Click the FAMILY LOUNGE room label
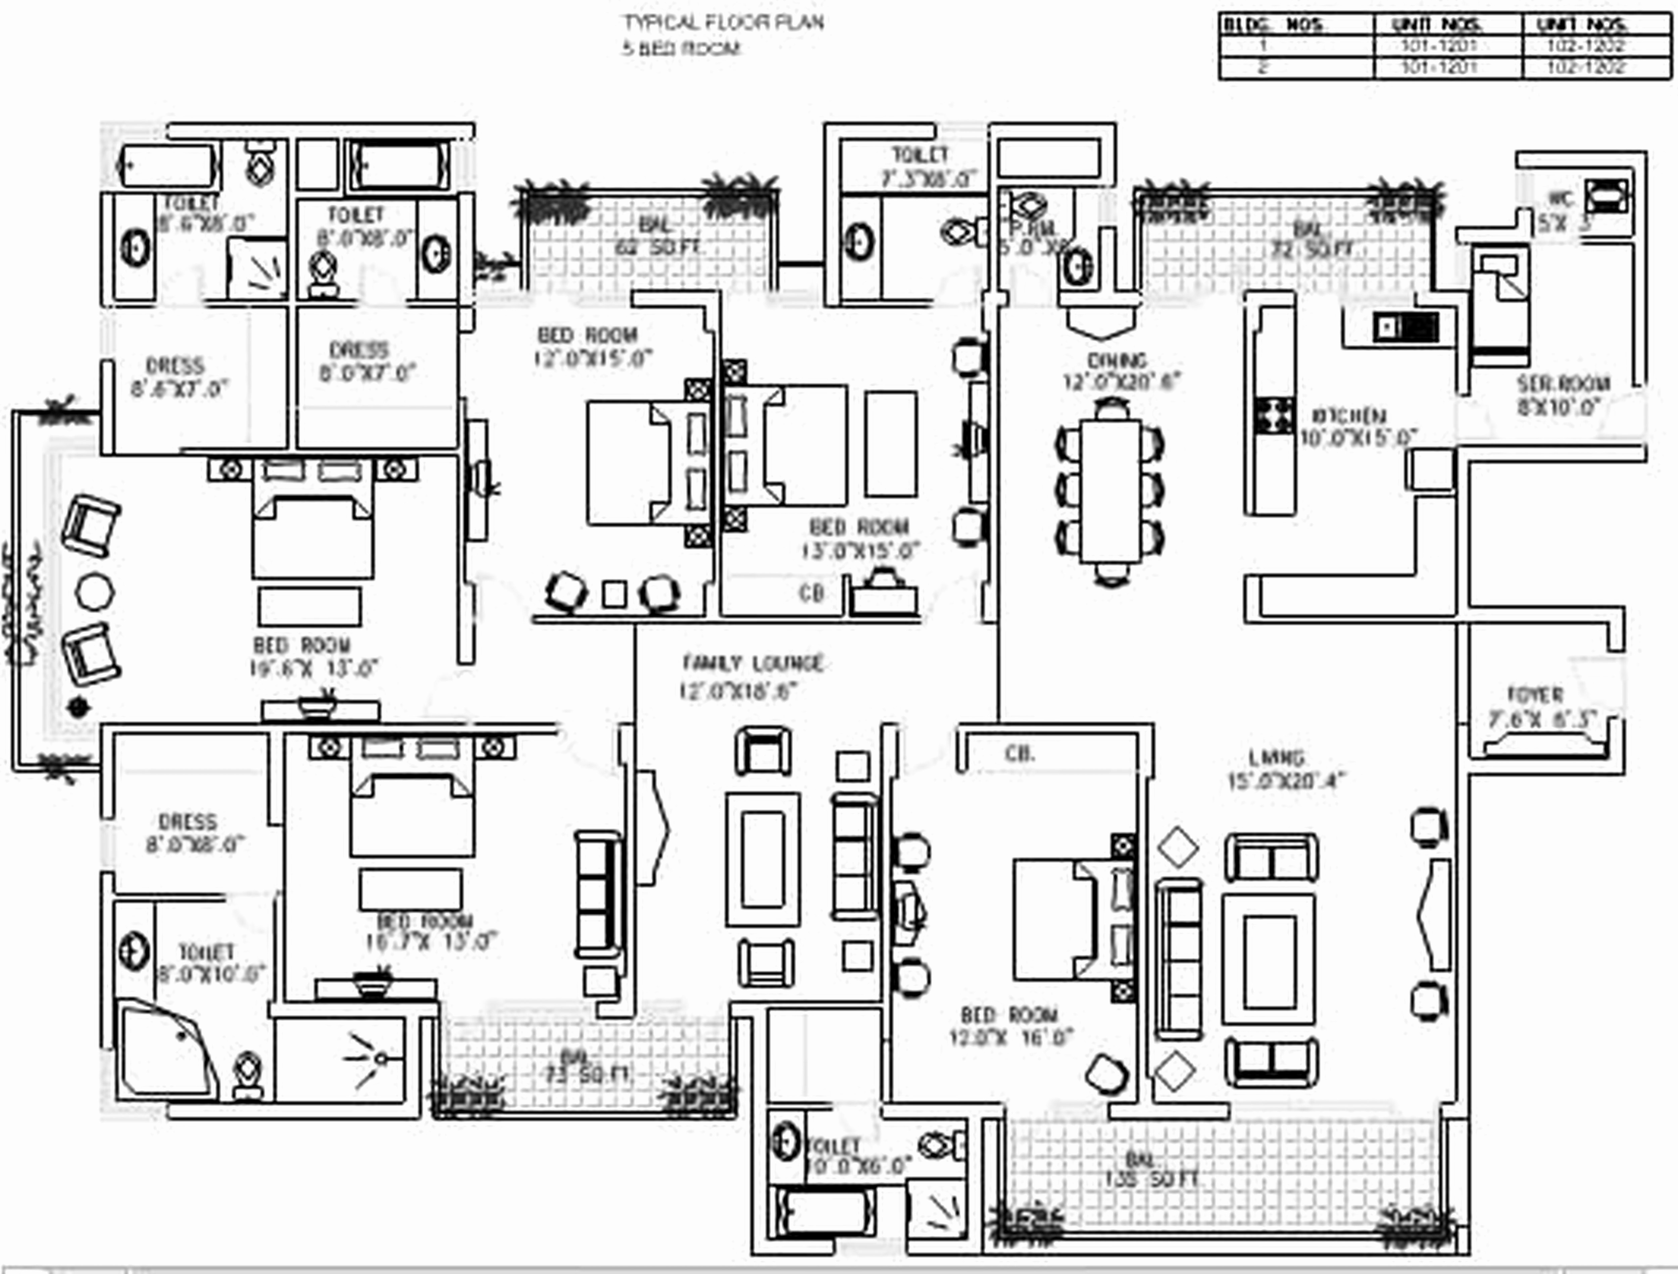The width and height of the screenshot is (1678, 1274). pyautogui.click(x=752, y=664)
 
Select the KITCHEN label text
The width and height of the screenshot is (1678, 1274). pyautogui.click(x=1359, y=416)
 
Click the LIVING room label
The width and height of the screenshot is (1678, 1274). pyautogui.click(x=1277, y=758)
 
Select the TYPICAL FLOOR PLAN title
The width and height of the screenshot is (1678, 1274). pyautogui.click(x=723, y=23)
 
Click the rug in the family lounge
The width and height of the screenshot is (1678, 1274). pyautogui.click(x=762, y=859)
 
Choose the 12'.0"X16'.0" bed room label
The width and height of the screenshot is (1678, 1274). pyautogui.click(x=1010, y=1026)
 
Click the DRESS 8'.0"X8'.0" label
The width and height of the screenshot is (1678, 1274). pyautogui.click(x=188, y=833)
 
